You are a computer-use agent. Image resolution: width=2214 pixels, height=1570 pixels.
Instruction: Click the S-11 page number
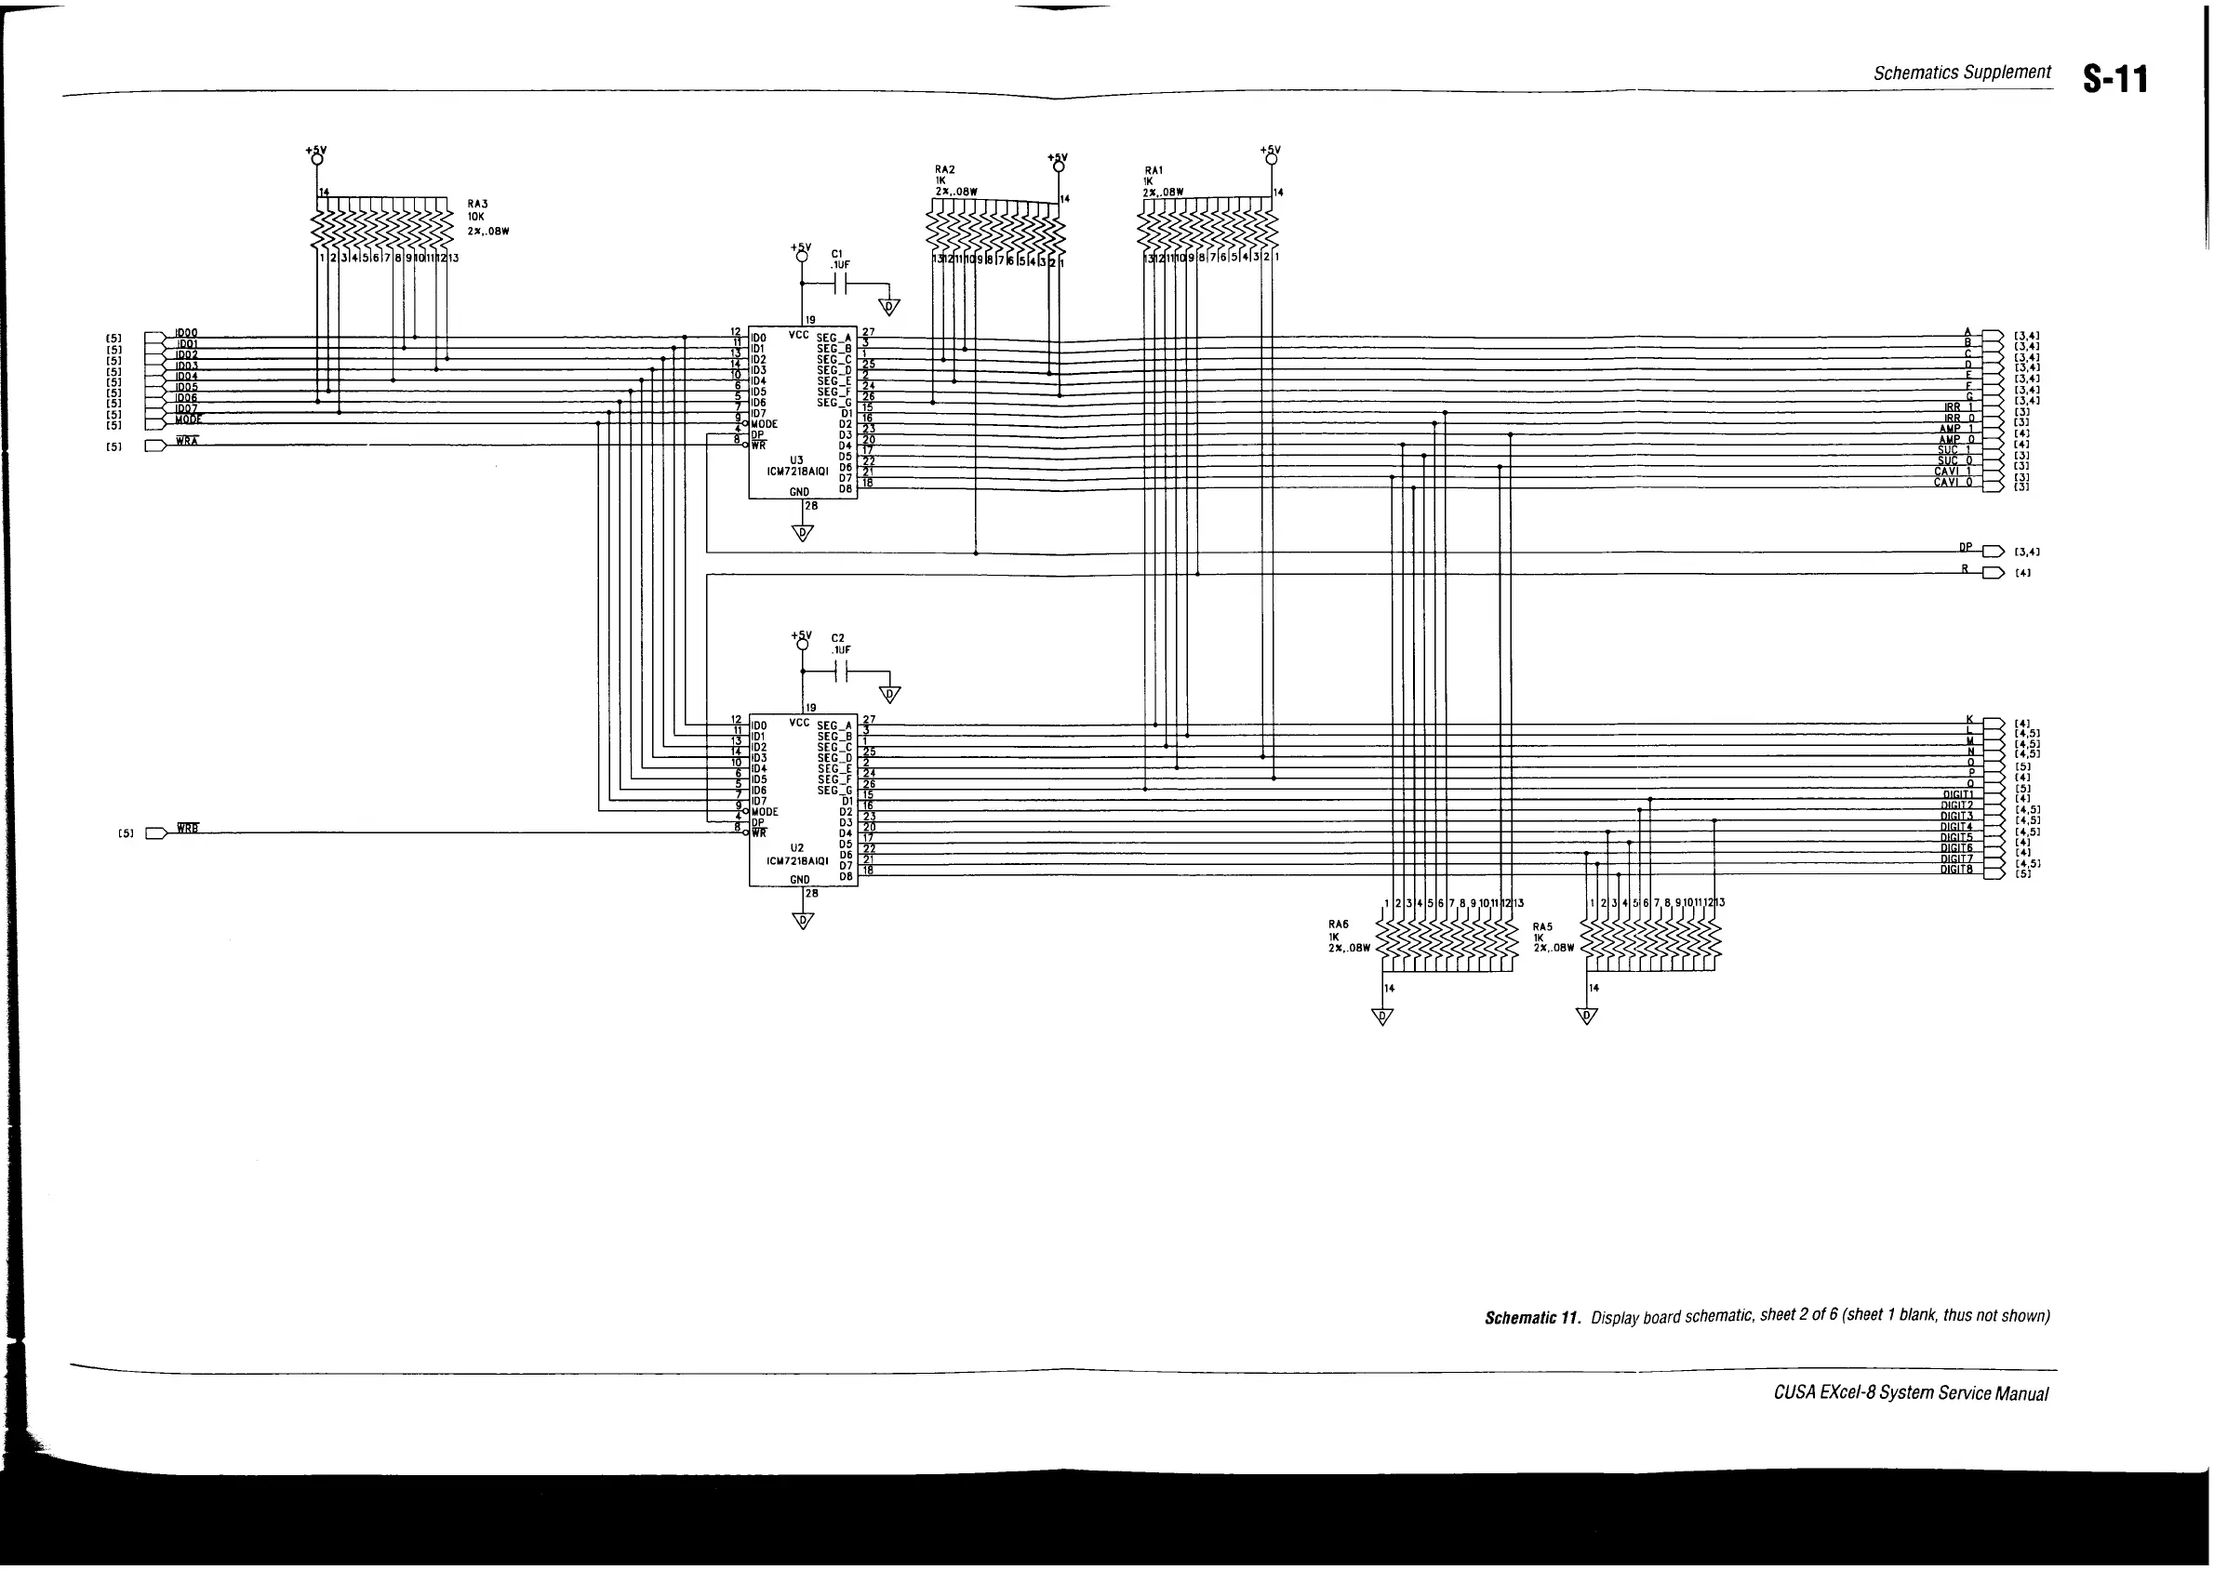(x=2115, y=79)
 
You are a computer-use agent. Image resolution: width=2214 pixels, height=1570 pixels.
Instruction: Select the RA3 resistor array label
(x=477, y=204)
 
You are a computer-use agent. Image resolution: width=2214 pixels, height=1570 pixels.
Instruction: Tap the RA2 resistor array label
(x=944, y=169)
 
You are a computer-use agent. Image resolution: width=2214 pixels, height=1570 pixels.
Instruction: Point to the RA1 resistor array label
(x=1154, y=170)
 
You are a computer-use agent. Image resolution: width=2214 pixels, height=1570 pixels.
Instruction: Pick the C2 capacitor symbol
(x=842, y=672)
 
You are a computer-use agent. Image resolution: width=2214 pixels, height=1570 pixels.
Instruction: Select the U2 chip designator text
(x=796, y=848)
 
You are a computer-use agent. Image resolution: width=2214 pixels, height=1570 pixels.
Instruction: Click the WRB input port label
(x=188, y=829)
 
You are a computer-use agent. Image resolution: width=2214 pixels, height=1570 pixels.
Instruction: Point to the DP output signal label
(x=1965, y=547)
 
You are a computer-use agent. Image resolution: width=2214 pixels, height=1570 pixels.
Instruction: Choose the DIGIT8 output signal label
(x=1956, y=870)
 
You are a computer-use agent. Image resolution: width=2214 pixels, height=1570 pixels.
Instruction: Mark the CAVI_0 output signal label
(x=1952, y=482)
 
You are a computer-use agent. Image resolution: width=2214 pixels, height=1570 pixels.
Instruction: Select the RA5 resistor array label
(x=1543, y=926)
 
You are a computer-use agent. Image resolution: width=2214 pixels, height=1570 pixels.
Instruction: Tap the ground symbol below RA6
(x=1382, y=1017)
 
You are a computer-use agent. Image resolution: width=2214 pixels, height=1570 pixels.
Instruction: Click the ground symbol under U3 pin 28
(x=803, y=533)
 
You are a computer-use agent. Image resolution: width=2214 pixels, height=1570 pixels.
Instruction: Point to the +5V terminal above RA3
(x=316, y=158)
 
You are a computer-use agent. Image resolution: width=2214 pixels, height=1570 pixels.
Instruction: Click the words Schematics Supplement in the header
(x=1962, y=73)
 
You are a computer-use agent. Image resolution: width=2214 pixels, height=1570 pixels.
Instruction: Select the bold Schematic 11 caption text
(x=1532, y=1318)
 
